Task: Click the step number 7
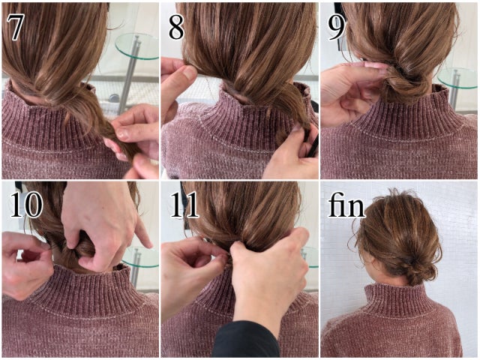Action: pos(15,27)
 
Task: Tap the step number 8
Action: pos(176,27)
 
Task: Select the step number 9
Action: pos(336,27)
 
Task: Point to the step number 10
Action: pos(26,205)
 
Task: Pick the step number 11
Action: pos(184,205)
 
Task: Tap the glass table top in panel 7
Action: pos(137,46)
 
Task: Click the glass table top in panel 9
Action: pos(457,78)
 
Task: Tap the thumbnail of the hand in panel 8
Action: pos(190,73)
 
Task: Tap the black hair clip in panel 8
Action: pos(313,144)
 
